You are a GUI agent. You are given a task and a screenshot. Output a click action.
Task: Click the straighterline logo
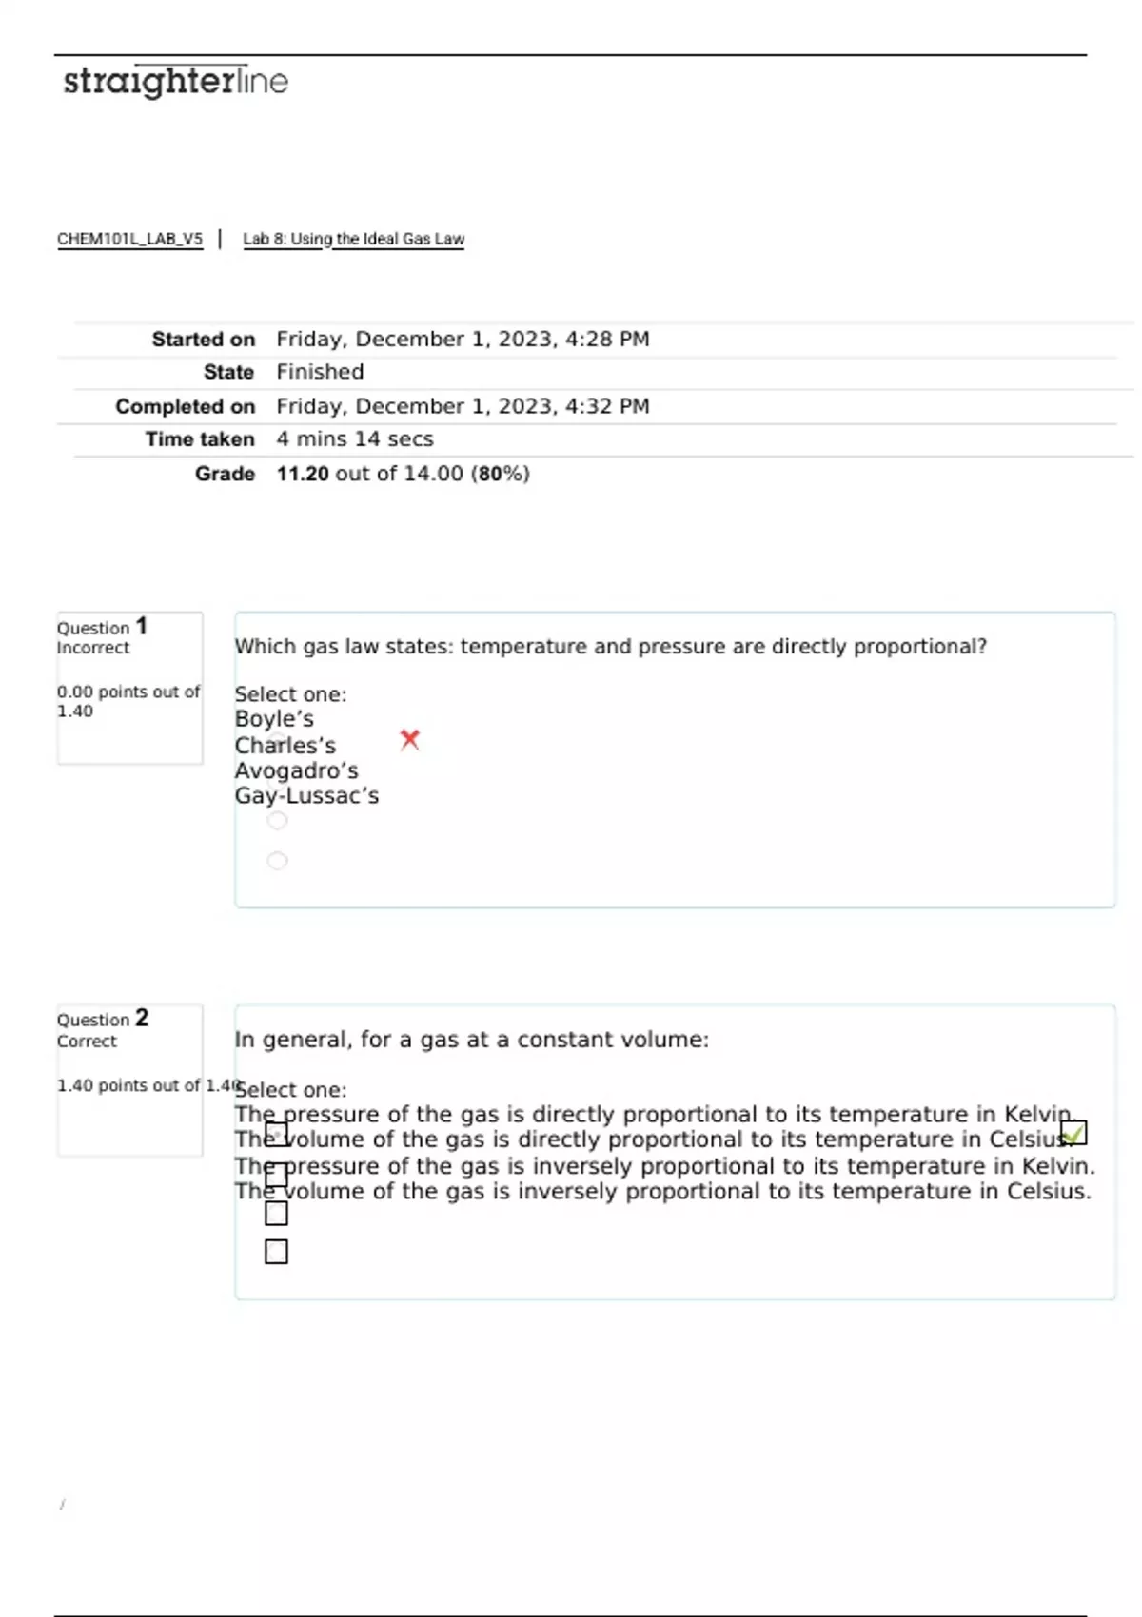(x=175, y=82)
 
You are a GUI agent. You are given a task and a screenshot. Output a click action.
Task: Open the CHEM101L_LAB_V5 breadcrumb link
(x=129, y=239)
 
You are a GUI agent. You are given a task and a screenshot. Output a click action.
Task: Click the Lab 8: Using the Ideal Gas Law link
(x=353, y=239)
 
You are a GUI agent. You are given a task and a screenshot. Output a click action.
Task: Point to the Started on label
(x=203, y=340)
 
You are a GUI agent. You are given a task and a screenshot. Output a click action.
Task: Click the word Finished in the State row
(x=320, y=372)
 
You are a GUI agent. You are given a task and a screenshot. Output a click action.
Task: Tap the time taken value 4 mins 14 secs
(x=355, y=439)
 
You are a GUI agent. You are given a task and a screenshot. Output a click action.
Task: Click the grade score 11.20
(x=303, y=474)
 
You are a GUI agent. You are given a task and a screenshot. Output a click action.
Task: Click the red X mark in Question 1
(x=410, y=739)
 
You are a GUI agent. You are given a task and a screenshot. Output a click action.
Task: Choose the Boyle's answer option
(x=274, y=719)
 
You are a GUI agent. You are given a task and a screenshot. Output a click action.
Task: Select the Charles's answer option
(x=285, y=746)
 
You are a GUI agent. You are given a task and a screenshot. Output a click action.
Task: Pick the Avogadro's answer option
(x=297, y=770)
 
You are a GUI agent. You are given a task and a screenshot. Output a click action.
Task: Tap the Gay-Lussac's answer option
(x=306, y=796)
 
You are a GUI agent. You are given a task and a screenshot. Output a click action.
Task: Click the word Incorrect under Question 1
(x=93, y=648)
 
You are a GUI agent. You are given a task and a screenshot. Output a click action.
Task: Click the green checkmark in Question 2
(x=1073, y=1133)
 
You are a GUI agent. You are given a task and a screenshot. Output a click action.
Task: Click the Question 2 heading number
(x=142, y=1018)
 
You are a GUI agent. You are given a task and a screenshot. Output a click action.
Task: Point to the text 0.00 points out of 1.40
(x=128, y=701)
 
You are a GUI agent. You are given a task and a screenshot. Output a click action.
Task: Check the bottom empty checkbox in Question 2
(x=276, y=1252)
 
